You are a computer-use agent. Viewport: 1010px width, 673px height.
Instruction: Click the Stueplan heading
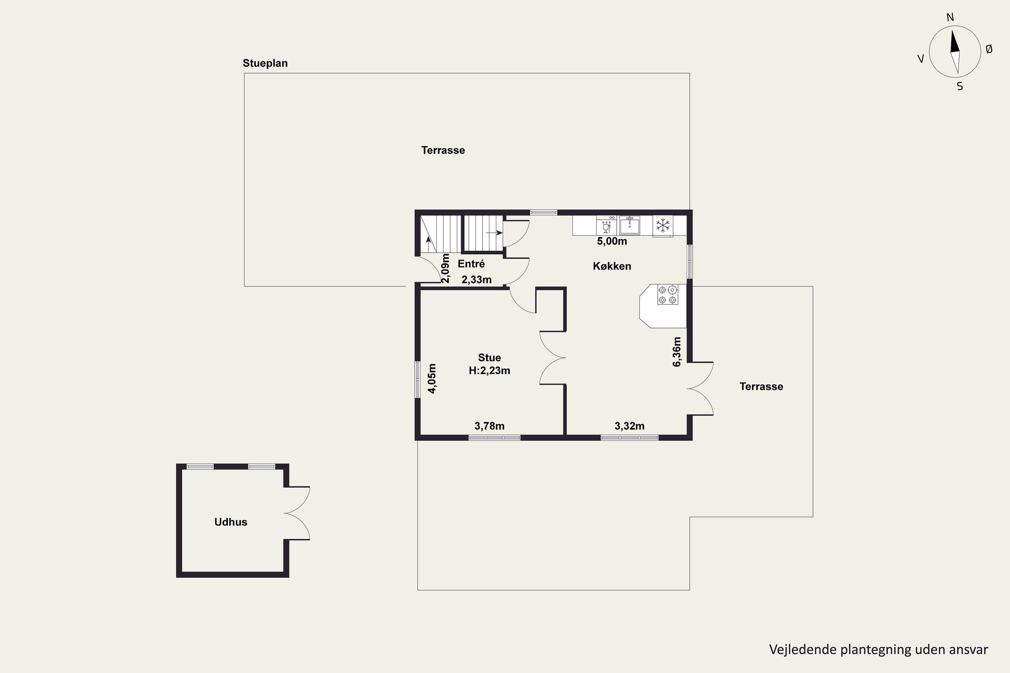click(x=265, y=63)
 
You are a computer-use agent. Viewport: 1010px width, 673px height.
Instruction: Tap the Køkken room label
click(x=612, y=266)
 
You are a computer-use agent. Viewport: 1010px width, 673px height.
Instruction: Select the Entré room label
click(x=471, y=264)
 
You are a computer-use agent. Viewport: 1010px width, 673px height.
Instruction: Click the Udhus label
click(x=231, y=522)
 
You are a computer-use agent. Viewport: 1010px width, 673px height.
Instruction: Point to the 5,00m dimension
click(x=612, y=241)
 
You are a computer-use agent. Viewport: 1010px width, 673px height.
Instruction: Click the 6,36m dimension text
click(x=677, y=352)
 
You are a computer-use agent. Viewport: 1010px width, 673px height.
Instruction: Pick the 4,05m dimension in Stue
click(x=432, y=379)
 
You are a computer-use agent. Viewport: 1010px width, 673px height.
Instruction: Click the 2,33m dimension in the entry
click(x=477, y=280)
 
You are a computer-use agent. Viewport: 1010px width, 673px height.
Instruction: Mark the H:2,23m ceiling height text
click(x=490, y=370)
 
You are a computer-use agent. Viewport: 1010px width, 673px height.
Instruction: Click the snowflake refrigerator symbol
click(x=663, y=225)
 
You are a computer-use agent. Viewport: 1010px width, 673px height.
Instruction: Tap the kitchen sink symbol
click(x=630, y=225)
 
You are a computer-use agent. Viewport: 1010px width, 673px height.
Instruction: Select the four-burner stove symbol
click(x=668, y=294)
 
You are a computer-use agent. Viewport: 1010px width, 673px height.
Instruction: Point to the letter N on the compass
click(x=950, y=17)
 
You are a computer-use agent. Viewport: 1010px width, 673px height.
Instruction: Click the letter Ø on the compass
click(x=989, y=49)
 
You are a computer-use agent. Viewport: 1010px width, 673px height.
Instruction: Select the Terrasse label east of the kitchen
click(x=761, y=386)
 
